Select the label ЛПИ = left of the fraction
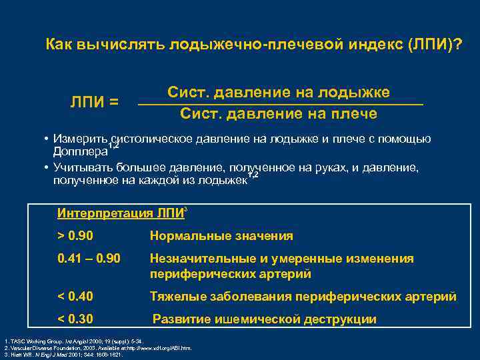point(95,102)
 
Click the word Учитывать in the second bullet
point(83,167)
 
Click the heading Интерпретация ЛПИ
point(120,213)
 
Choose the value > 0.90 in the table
point(77,235)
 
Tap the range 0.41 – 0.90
point(89,258)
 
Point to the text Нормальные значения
point(221,235)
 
